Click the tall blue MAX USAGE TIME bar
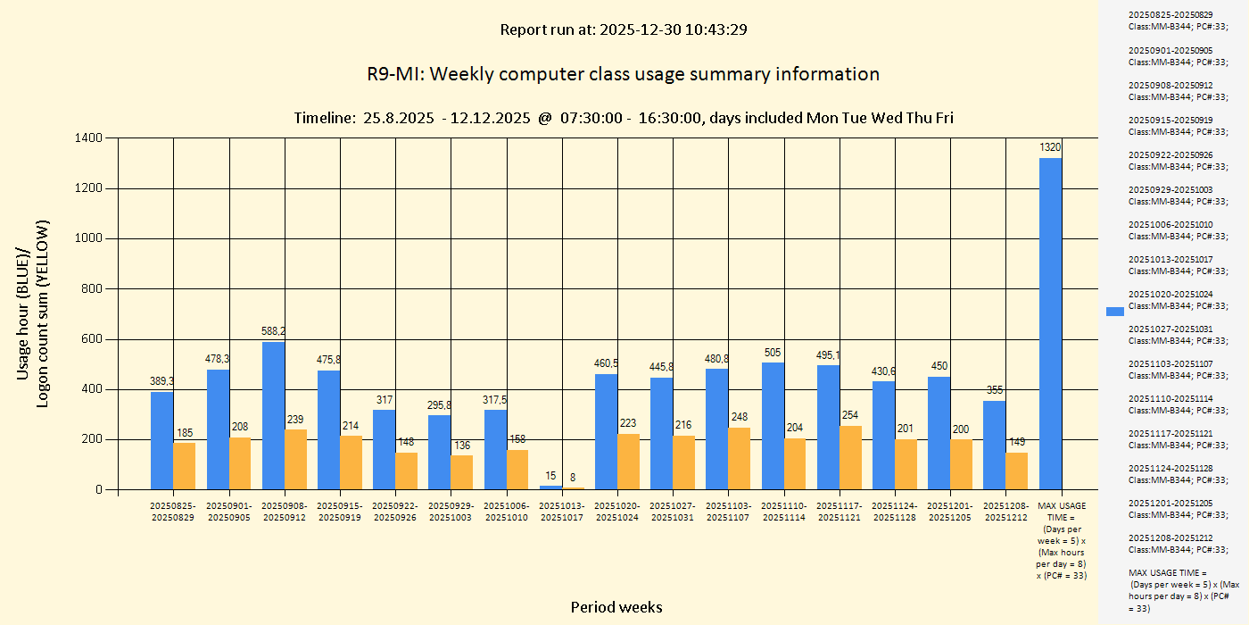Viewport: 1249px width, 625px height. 1050,323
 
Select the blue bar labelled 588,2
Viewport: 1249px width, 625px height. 273,416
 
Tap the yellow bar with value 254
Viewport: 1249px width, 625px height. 851,458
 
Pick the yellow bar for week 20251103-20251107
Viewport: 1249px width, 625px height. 740,459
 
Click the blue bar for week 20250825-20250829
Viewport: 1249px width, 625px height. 162,441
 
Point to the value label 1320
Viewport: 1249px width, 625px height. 1050,147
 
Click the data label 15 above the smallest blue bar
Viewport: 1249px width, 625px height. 550,476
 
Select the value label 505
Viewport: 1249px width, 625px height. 773,353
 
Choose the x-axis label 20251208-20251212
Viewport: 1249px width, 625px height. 1005,512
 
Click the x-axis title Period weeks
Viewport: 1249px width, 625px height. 616,607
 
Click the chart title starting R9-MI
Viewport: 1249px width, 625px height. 623,74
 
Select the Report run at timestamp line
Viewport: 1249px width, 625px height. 623,29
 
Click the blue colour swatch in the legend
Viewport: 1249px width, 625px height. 1115,311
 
